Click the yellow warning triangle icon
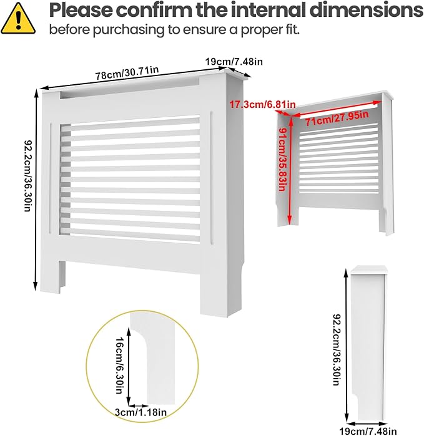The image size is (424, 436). pyautogui.click(x=18, y=19)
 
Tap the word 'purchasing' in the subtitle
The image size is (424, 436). pyautogui.click(x=129, y=30)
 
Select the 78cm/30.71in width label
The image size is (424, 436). pyautogui.click(x=127, y=73)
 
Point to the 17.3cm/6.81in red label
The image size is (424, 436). pyautogui.click(x=262, y=105)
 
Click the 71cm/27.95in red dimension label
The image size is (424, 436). pyautogui.click(x=337, y=118)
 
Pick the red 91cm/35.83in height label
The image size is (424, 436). pyautogui.click(x=283, y=159)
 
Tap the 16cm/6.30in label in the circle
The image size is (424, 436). pyautogui.click(x=119, y=366)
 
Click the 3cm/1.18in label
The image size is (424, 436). pyautogui.click(x=141, y=412)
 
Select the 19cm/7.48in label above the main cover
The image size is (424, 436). pyautogui.click(x=234, y=62)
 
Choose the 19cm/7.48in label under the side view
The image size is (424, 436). pyautogui.click(x=368, y=431)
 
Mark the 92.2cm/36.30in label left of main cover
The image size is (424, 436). pyautogui.click(x=28, y=176)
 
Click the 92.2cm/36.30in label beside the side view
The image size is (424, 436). pyautogui.click(x=337, y=349)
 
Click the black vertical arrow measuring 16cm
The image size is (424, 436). pyautogui.click(x=129, y=367)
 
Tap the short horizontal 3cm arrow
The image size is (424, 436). pyautogui.click(x=139, y=406)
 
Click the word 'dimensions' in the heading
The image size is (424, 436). pyautogui.click(x=367, y=10)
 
